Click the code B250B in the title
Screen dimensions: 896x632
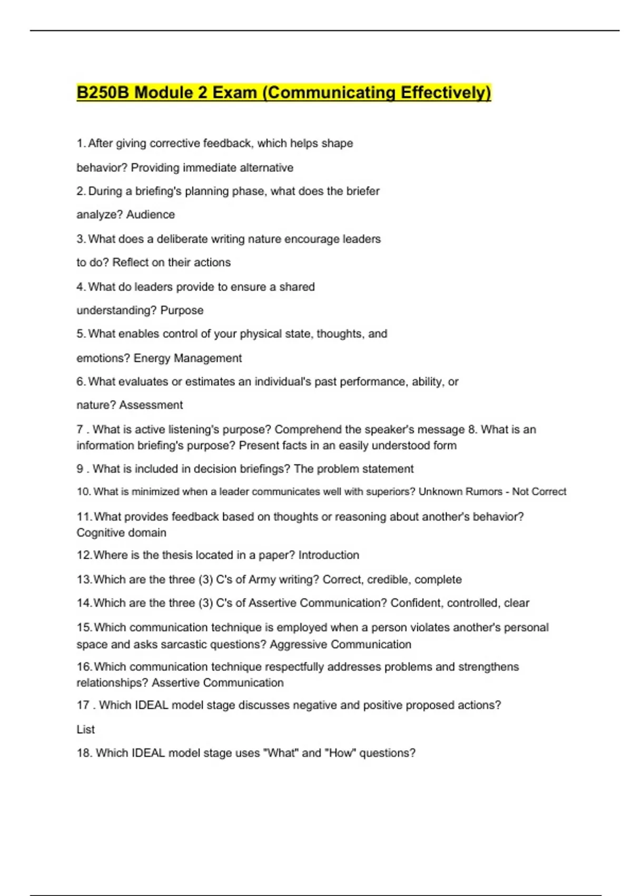[103, 93]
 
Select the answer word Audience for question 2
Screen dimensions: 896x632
[150, 215]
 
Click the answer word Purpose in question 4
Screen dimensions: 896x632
[182, 310]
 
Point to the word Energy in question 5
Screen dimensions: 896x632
[152, 358]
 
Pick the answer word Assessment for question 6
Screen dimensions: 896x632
[151, 405]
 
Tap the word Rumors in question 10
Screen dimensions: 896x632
[483, 492]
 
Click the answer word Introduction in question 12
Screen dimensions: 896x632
[329, 555]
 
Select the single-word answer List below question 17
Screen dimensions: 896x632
[85, 729]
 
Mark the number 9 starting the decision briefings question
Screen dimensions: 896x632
[80, 469]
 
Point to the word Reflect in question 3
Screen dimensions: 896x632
[131, 262]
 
